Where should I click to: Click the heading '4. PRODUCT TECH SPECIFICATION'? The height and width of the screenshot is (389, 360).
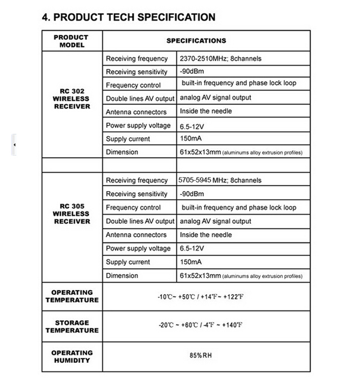(x=128, y=17)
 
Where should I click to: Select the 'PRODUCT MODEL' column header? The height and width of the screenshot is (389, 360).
(x=72, y=41)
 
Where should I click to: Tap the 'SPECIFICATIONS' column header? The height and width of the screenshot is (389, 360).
(x=196, y=41)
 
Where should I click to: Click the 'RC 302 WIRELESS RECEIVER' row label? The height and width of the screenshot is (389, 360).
(x=72, y=99)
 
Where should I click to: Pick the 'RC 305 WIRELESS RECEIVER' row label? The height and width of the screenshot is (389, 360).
(x=72, y=214)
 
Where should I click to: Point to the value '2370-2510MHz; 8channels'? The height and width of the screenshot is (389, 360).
(x=220, y=58)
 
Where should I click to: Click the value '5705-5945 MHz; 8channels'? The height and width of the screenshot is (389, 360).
(x=220, y=180)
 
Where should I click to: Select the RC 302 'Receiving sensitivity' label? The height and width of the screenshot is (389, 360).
(x=137, y=72)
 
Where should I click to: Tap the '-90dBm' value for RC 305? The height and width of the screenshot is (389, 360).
(x=192, y=194)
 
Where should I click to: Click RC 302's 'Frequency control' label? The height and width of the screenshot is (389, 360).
(x=133, y=85)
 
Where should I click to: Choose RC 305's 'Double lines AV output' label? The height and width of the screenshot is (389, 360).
(x=140, y=221)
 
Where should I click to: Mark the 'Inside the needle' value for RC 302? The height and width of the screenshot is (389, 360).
(x=206, y=111)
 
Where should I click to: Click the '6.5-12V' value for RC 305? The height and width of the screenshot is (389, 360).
(x=192, y=248)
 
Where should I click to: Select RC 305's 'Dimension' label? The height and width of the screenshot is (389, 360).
(x=122, y=276)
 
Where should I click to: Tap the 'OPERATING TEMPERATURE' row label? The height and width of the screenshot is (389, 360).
(x=72, y=296)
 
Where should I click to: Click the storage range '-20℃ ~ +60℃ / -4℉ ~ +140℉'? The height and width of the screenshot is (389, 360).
(x=200, y=325)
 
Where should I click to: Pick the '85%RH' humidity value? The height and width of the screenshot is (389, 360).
(x=201, y=356)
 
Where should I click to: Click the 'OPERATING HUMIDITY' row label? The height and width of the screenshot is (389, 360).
(x=72, y=357)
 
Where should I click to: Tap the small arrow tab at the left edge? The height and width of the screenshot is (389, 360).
(x=14, y=145)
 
